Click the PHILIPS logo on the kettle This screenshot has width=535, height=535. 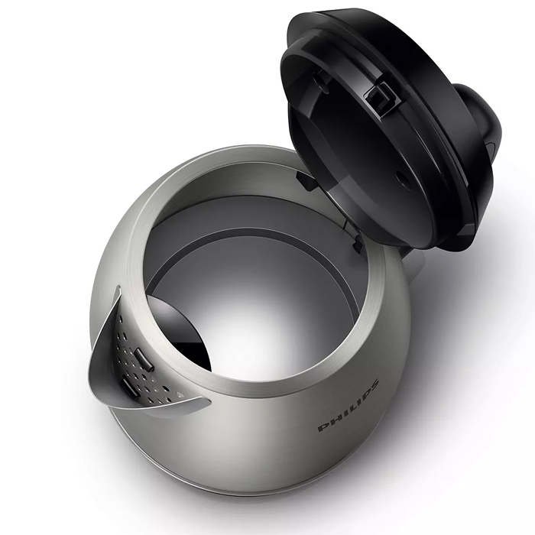[348, 405]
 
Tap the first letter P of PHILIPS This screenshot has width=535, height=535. [323, 427]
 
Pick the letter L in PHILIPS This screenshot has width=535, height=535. [351, 409]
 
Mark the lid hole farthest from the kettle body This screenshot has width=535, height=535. [319, 79]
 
